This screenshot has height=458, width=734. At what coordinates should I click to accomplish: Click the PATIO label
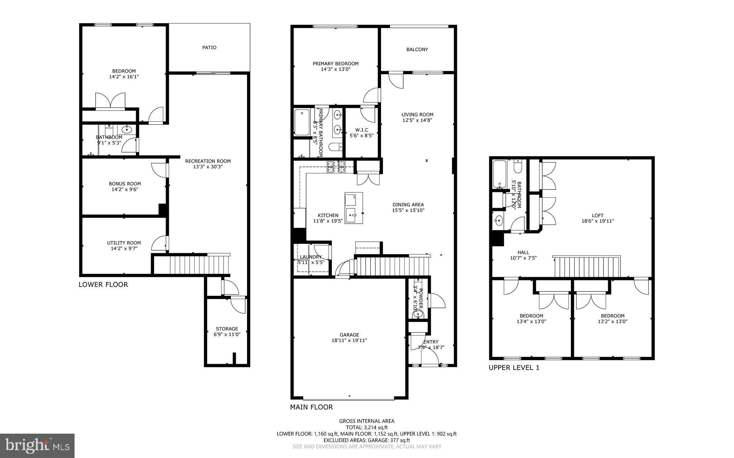tap(209, 47)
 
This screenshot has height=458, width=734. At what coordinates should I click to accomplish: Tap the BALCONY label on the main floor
tap(417, 49)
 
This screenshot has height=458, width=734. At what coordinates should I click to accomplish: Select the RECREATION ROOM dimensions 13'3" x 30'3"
tap(208, 167)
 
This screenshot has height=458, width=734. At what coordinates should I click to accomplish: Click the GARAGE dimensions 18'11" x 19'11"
tap(349, 341)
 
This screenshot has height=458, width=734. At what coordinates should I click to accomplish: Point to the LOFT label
tap(597, 215)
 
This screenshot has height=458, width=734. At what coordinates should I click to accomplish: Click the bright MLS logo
tap(37, 445)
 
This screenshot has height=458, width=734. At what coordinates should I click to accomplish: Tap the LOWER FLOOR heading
tap(103, 285)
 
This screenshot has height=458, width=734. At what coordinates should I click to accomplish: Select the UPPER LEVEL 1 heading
tap(514, 367)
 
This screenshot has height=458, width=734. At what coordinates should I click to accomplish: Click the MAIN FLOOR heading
tap(311, 407)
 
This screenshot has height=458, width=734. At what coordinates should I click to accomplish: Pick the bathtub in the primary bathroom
tap(302, 122)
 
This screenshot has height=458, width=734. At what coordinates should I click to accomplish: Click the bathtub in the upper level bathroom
tap(499, 174)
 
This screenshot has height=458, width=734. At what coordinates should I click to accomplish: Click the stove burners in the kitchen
tap(336, 167)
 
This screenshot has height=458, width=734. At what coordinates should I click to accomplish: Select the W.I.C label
tap(362, 130)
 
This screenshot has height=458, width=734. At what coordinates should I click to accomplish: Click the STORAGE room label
tap(227, 328)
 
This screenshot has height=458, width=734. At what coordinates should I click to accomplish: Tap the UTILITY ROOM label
tap(124, 242)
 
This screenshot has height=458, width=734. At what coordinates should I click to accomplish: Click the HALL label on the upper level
tap(523, 252)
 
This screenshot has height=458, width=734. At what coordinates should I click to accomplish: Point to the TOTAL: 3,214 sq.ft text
tap(367, 427)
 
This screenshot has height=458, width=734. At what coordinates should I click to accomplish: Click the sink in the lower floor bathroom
tap(127, 130)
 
